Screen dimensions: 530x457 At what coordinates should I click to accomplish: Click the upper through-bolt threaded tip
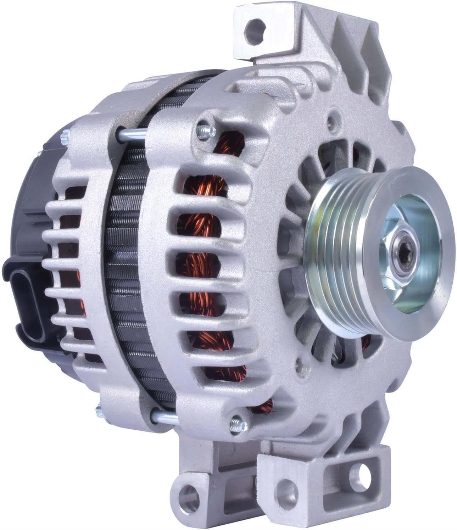202,132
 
